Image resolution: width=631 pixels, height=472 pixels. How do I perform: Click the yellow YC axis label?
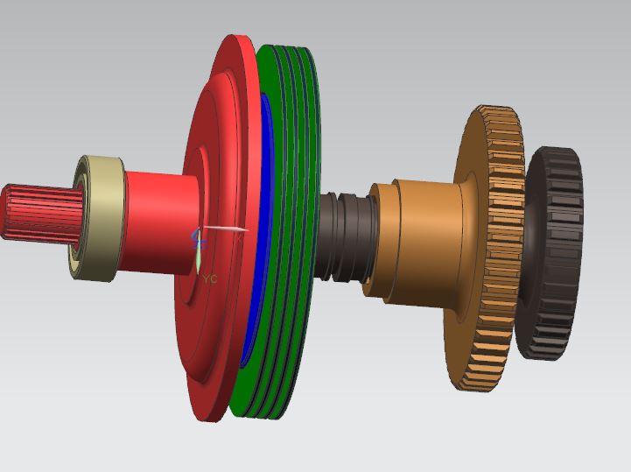point(209,278)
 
